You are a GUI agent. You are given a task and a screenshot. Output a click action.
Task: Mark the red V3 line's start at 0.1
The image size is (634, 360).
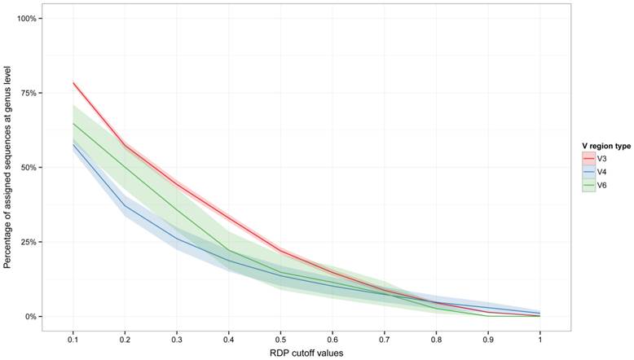click(73, 82)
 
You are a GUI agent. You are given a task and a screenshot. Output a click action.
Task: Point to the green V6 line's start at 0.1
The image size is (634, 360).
click(73, 123)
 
